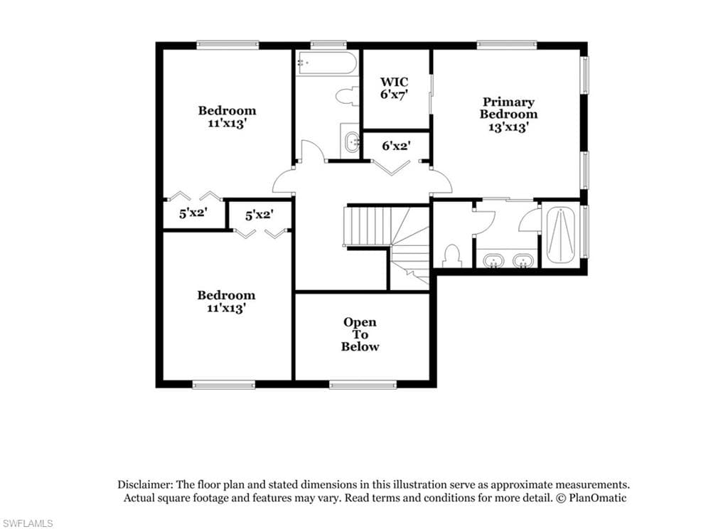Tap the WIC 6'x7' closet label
coord(394,88)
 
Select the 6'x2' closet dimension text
coord(395,146)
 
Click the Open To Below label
coord(360,334)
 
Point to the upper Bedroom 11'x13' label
coord(227,117)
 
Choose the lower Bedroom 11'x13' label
coord(226,301)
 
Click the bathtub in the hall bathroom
coord(327,63)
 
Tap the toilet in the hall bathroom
coord(348,97)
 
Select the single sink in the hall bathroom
coord(351,141)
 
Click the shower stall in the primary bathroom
coord(561,236)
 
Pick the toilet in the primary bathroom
coord(451,256)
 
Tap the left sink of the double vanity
coord(493,260)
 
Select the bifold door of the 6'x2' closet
coord(392,168)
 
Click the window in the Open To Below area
coord(363,384)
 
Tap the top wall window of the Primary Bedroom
coord(507,45)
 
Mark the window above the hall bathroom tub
coord(328,45)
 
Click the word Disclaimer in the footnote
coord(145,484)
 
